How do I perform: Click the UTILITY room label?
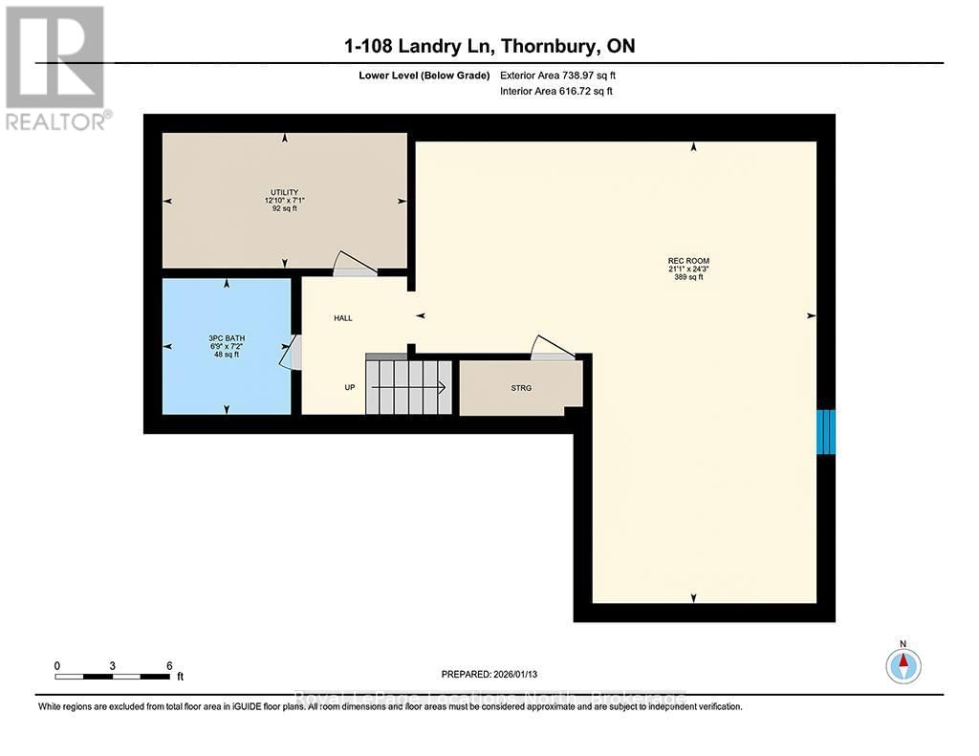coord(284,191)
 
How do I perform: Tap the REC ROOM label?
coord(688,261)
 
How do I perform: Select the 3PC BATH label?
coord(224,337)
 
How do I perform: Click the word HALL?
coord(342,318)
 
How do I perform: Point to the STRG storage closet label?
coord(520,388)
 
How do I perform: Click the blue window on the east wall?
coord(826,431)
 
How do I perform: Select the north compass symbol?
coord(903,663)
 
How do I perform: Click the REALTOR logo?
coord(55,67)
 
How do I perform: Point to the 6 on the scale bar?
coord(169,665)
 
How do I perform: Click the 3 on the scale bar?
coord(113,665)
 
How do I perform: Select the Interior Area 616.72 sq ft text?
coord(555,91)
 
